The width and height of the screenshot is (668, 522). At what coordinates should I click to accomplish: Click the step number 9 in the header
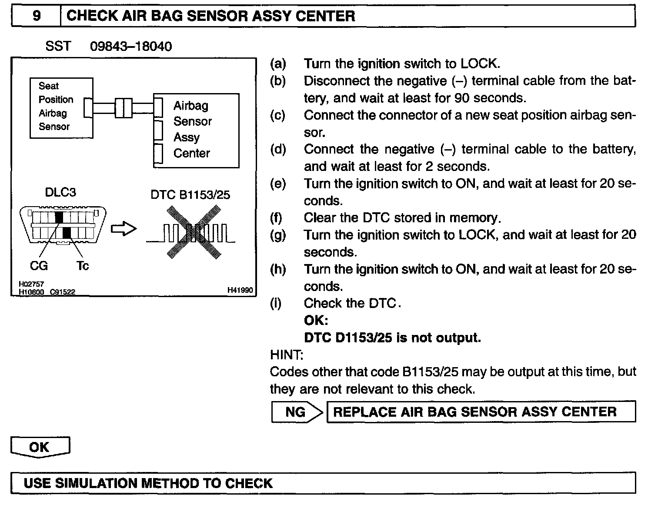click(x=37, y=16)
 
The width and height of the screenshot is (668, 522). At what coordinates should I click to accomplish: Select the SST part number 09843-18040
click(x=131, y=46)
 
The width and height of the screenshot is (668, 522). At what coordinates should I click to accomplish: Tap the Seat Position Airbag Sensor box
click(x=61, y=108)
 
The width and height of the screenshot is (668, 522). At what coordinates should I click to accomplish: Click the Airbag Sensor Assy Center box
click(x=196, y=130)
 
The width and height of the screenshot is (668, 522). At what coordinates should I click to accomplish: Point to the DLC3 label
click(x=60, y=192)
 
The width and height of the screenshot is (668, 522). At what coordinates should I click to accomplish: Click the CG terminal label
click(x=39, y=265)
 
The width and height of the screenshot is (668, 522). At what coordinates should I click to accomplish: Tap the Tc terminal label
click(x=82, y=265)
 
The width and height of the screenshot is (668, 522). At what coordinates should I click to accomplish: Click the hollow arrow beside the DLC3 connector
click(x=124, y=229)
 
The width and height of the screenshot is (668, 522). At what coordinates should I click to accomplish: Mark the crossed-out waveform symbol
click(x=191, y=232)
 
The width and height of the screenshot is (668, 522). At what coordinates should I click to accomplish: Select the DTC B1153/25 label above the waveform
click(x=190, y=194)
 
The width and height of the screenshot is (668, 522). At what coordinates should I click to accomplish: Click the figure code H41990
click(x=240, y=290)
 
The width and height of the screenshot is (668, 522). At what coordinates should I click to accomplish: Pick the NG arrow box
click(x=297, y=412)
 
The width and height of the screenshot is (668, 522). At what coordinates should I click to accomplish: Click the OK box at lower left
click(x=40, y=447)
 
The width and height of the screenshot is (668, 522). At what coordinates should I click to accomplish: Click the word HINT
click(x=286, y=355)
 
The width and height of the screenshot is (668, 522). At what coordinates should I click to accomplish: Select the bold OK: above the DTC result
click(x=316, y=321)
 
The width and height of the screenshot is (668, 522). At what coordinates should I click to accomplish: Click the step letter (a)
click(x=278, y=64)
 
